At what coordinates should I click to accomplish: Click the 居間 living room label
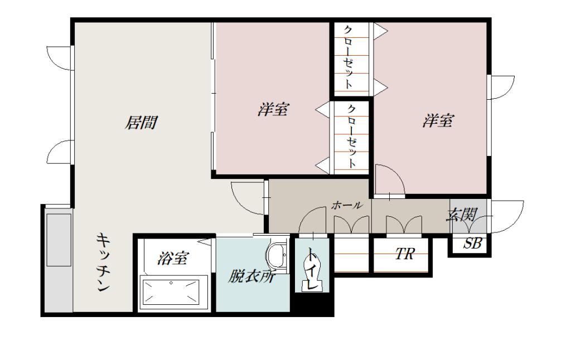141,123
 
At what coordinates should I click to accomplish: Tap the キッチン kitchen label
103,262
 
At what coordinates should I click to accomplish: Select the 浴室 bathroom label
173,258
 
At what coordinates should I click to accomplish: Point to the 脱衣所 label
251,278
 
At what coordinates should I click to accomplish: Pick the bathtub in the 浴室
175,293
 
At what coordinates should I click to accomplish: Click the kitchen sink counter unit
59,240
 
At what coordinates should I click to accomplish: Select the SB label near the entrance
472,243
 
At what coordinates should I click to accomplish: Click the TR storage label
405,254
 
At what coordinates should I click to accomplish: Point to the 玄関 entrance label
462,215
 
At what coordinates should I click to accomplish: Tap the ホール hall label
347,205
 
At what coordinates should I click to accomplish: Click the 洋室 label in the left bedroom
273,109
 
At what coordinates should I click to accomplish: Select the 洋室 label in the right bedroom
438,120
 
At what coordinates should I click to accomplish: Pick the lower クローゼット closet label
351,137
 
